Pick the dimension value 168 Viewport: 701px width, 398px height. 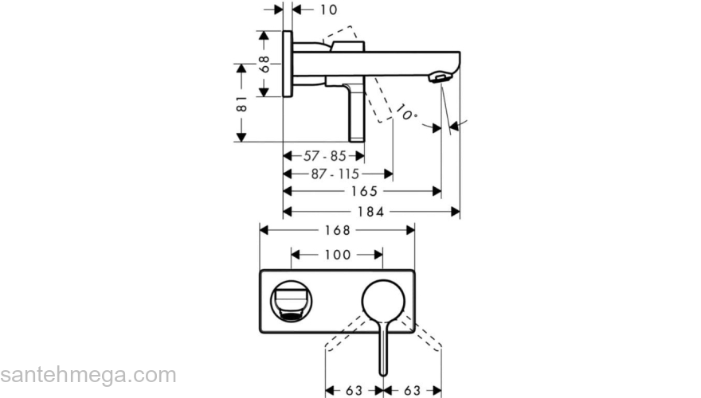[x=338, y=230]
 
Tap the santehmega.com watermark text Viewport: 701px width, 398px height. [x=88, y=375]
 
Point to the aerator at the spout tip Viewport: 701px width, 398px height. [x=439, y=78]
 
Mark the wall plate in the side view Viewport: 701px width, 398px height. [x=288, y=64]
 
